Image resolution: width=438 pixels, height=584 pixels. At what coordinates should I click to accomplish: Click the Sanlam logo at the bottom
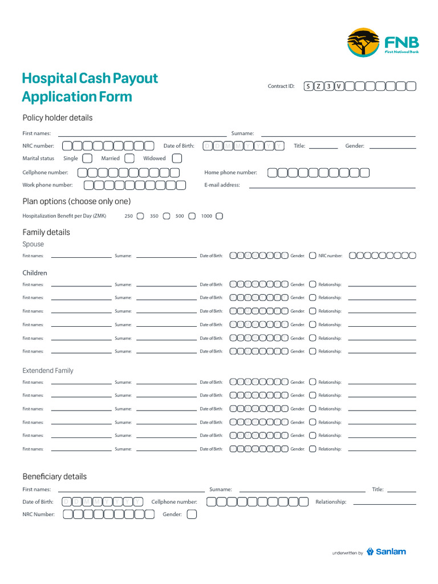386,551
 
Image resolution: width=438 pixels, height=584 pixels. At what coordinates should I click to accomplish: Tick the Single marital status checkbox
87,159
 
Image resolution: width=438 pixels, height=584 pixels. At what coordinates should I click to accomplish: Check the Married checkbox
129,159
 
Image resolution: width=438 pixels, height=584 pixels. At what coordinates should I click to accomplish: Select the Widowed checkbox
177,159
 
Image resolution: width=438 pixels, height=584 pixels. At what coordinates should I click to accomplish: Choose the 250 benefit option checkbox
140,216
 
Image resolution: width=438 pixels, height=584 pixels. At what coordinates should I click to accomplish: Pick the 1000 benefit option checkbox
220,216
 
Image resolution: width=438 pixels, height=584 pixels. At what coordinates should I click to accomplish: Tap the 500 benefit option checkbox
192,216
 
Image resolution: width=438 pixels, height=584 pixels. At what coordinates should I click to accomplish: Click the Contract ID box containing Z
318,87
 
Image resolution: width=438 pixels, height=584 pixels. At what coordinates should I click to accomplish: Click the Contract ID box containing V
339,87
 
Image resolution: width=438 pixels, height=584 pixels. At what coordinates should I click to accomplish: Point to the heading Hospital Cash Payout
90,78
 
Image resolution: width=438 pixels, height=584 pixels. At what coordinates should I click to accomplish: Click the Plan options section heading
76,201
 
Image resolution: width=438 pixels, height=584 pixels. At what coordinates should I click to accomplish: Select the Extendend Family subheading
48,371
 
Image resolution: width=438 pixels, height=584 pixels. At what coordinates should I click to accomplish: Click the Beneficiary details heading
55,476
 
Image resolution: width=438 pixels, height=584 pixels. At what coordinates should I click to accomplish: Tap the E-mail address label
222,185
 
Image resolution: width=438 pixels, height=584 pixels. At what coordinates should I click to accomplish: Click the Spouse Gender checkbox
313,256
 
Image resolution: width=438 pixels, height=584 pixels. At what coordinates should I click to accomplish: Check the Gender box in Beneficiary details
192,514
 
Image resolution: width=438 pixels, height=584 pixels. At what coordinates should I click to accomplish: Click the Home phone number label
230,172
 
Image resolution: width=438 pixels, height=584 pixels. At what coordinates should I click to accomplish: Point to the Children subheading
35,273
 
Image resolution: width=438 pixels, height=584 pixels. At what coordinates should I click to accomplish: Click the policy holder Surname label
242,133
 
